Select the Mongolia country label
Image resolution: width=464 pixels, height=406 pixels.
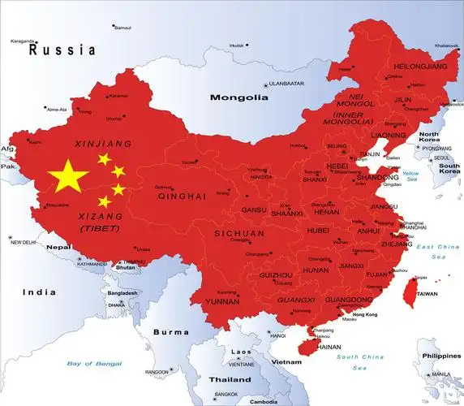click(238, 97)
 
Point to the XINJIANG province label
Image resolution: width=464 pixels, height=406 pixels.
click(102, 144)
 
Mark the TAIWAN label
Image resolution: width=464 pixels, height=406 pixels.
click(427, 294)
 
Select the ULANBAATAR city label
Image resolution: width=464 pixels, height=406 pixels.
click(286, 84)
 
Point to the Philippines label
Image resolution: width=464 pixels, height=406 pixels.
click(441, 356)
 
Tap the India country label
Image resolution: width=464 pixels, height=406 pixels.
click(39, 292)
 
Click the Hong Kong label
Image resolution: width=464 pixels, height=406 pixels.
click(365, 314)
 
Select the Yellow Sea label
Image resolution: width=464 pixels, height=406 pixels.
click(411, 177)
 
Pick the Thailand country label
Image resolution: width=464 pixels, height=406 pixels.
click(230, 379)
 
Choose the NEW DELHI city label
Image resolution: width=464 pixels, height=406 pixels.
click(24, 242)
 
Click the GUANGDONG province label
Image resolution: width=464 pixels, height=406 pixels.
click(347, 300)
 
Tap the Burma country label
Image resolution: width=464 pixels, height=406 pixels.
click(171, 331)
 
